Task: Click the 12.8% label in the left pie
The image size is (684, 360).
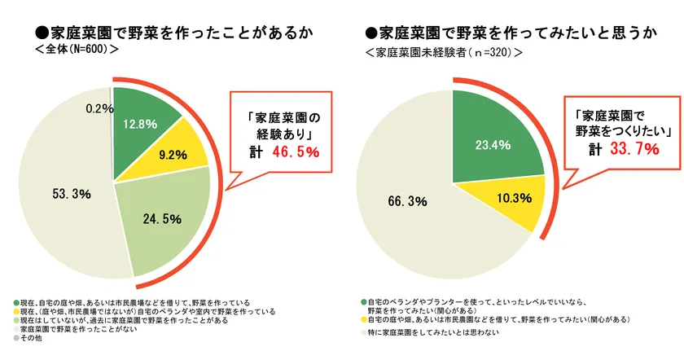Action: (x=139, y=124)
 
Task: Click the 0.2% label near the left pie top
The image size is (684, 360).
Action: (x=99, y=108)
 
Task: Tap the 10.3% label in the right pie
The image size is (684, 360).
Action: (x=514, y=197)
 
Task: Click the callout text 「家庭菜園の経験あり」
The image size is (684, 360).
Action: (x=278, y=125)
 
